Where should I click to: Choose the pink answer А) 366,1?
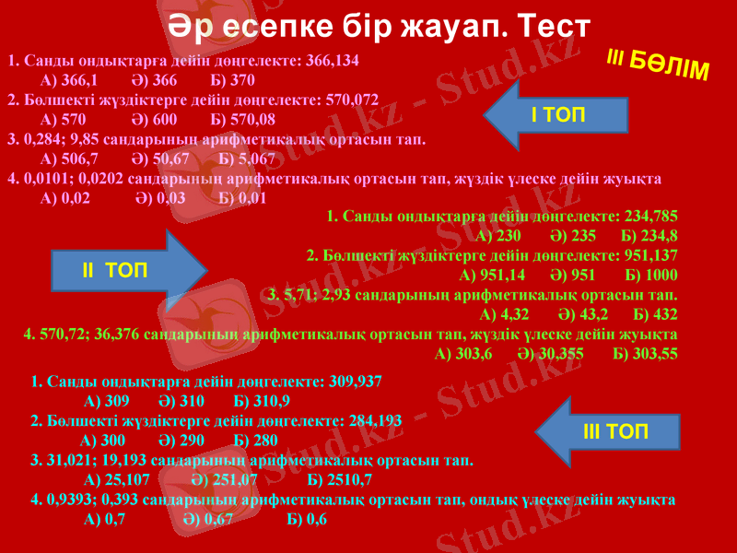pos(70,80)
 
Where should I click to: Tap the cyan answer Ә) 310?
pos(181,401)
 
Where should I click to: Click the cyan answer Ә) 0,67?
pos(208,519)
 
